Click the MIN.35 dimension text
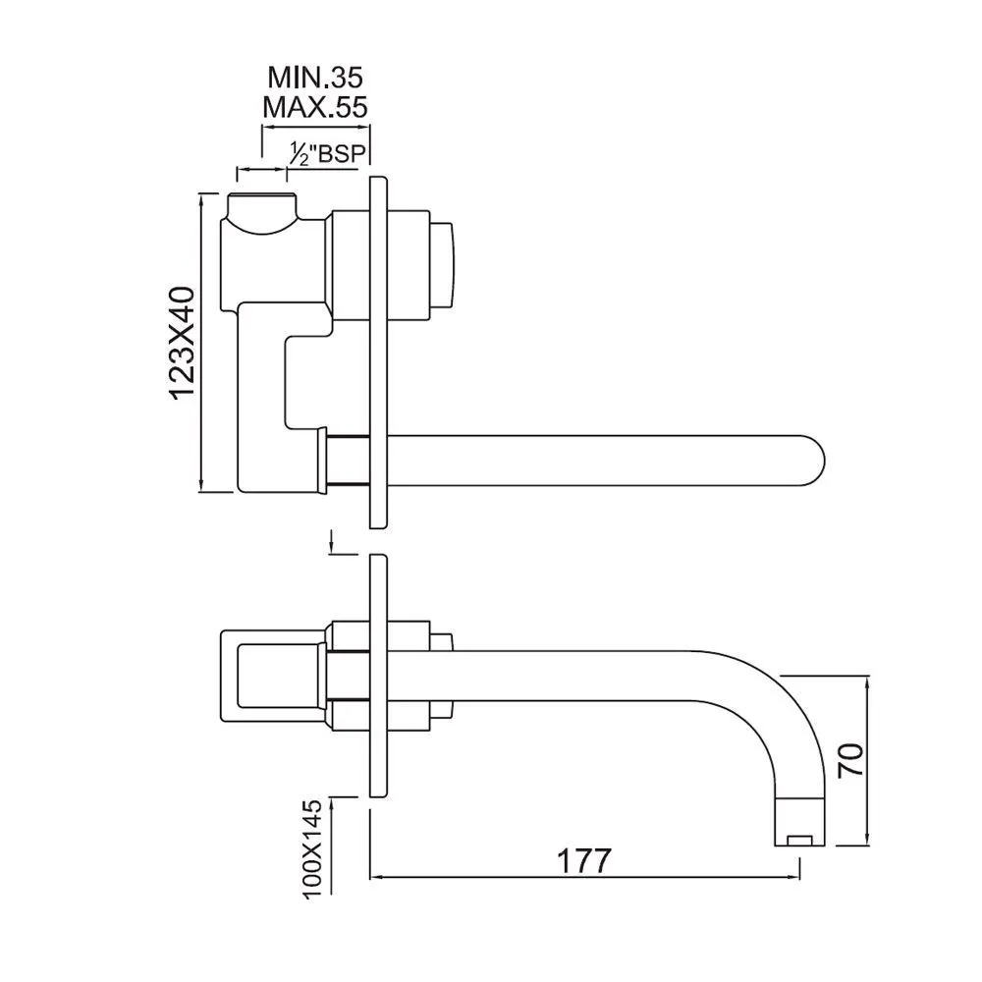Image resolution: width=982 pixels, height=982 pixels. [315, 77]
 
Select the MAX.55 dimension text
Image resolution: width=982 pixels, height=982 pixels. [315, 107]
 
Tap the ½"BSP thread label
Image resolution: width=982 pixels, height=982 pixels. [327, 153]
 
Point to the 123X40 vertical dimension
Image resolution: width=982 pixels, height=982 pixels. [183, 343]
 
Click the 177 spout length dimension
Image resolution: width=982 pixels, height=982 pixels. [583, 861]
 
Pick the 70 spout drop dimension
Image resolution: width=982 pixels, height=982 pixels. [850, 760]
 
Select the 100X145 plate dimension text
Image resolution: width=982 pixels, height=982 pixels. [311, 849]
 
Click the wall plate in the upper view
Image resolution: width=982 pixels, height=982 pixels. [378, 353]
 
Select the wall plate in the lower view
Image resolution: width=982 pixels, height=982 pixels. [378, 676]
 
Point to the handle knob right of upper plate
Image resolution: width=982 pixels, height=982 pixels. [443, 265]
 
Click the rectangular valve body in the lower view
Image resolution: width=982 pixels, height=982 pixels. [273, 677]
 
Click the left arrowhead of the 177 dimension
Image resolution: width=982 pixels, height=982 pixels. [376, 877]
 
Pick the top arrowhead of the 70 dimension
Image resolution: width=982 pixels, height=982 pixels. [867, 683]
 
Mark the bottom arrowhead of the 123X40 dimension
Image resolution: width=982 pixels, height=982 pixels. [200, 484]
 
